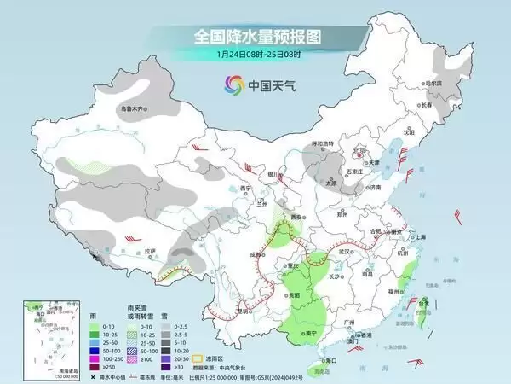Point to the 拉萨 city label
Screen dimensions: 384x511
tap(150, 250)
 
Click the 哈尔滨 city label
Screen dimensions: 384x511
tap(433, 83)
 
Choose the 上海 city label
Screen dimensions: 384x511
tap(419, 236)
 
